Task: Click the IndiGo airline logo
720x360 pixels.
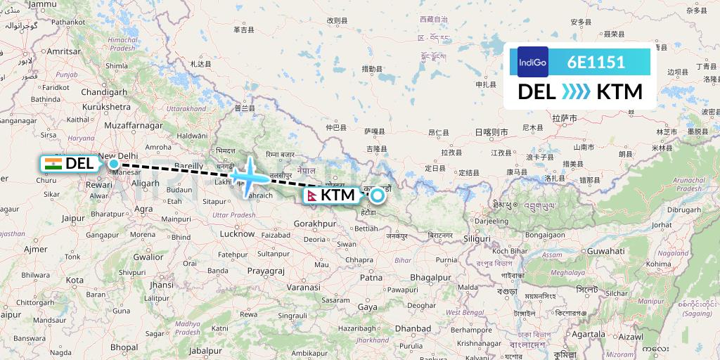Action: click(x=532, y=62)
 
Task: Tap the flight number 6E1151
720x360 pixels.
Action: click(x=596, y=62)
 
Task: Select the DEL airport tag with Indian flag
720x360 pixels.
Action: click(x=69, y=164)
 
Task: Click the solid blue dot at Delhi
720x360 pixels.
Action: click(x=113, y=164)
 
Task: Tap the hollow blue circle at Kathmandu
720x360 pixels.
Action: click(x=378, y=195)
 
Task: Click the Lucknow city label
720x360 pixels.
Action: click(x=237, y=233)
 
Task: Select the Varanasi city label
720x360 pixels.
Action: click(x=303, y=288)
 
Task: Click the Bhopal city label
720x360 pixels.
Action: click(x=124, y=347)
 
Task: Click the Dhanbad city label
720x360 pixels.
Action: click(x=412, y=328)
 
